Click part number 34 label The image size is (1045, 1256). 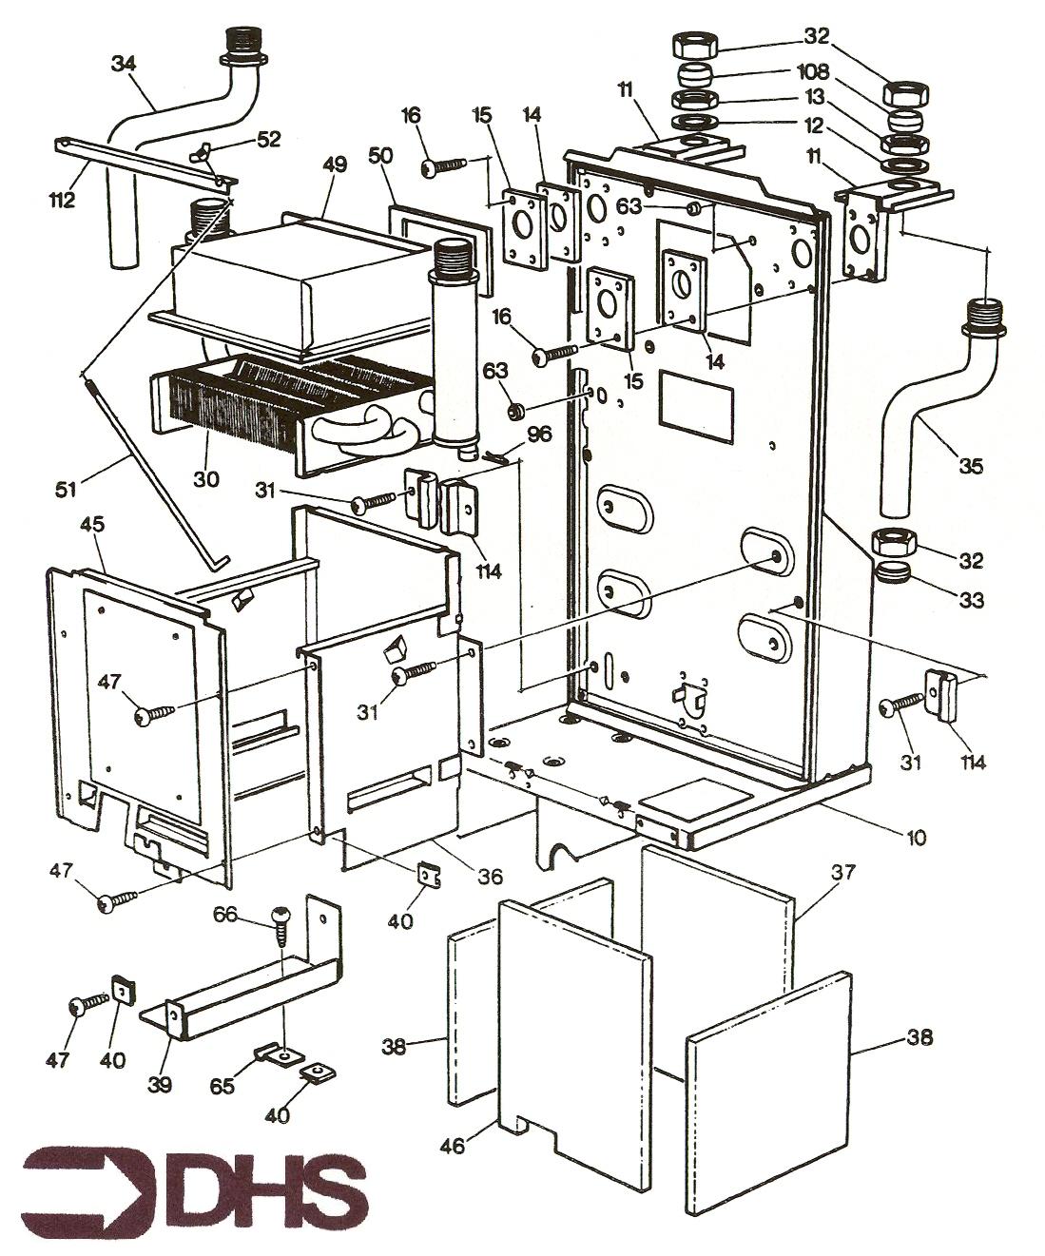[124, 65]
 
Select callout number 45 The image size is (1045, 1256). [93, 524]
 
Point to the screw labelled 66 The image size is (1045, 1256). [282, 923]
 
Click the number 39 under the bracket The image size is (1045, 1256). [159, 1085]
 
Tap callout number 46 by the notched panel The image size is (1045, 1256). [453, 1147]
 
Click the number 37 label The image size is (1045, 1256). [844, 872]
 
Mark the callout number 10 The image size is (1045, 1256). [916, 838]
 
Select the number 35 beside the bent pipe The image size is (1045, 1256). [971, 466]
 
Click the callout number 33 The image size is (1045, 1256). [971, 601]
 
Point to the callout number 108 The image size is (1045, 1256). [814, 72]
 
